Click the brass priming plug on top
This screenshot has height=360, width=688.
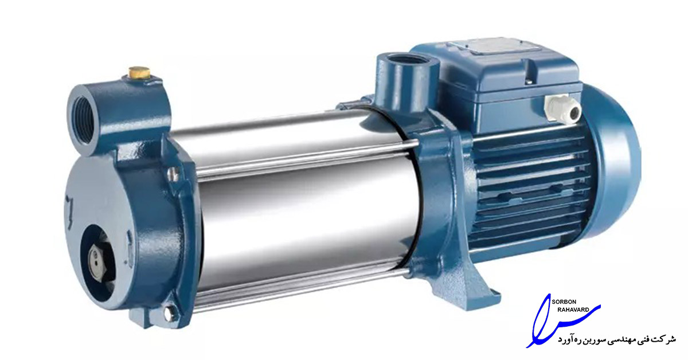(139, 72)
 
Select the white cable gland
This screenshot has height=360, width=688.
(562, 108)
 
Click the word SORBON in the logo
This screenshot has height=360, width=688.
(564, 302)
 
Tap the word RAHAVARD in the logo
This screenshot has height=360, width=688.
(573, 310)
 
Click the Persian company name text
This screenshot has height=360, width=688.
(617, 339)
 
